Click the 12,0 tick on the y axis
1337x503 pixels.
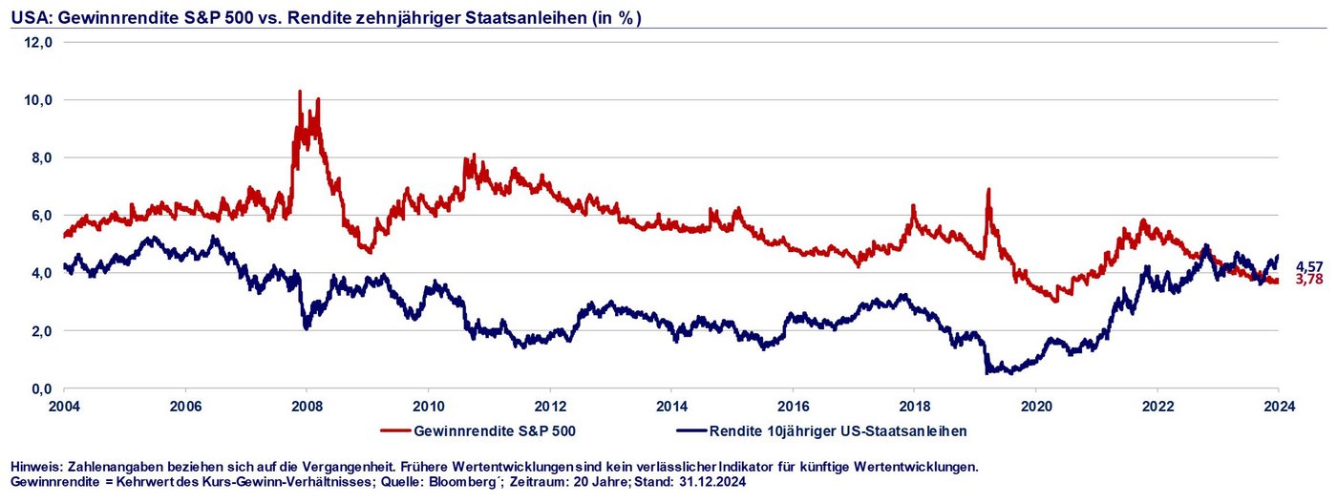tap(38, 42)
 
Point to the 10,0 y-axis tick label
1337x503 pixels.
tap(38, 100)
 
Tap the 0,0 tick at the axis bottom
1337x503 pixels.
tap(42, 389)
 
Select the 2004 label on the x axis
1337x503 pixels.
tap(64, 406)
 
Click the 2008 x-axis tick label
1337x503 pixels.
tap(307, 406)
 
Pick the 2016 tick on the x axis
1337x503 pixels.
tap(793, 406)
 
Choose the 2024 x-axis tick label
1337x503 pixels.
tap(1279, 406)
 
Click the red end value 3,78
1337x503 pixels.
tap(1309, 280)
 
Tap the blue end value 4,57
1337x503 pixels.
tap(1309, 266)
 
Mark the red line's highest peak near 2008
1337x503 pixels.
tap(300, 92)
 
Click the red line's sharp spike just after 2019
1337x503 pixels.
tap(988, 190)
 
